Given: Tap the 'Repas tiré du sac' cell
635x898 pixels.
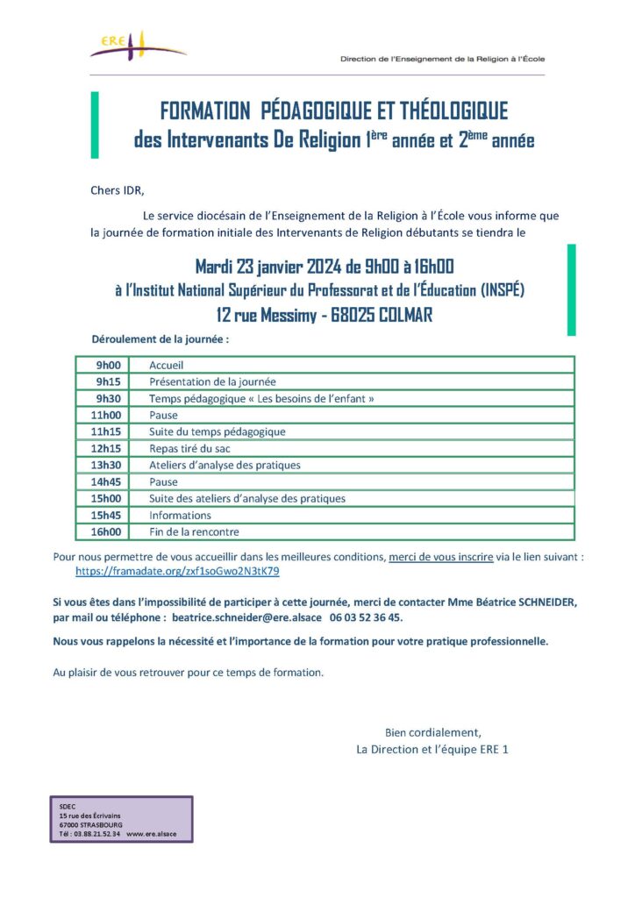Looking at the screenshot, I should pos(189,448).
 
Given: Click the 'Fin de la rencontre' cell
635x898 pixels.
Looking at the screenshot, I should pos(194,531).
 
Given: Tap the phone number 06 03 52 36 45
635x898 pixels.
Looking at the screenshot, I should pos(366,617).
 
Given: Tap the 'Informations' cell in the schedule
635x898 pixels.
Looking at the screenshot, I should pos(180,515).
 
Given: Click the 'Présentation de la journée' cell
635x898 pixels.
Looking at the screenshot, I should pos(212,381).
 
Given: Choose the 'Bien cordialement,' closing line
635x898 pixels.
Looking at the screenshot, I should pos(433,732).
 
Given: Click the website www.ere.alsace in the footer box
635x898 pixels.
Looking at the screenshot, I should pos(151,833).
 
